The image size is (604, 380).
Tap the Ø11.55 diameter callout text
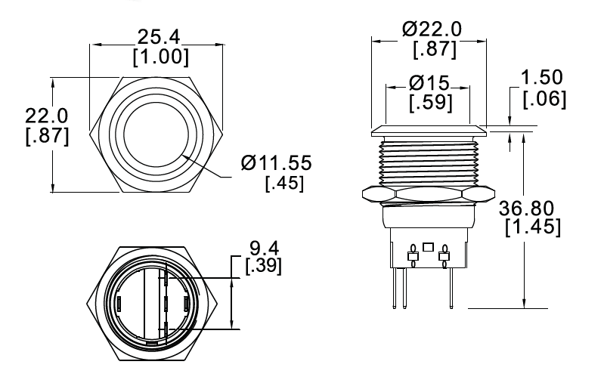tap(277, 163)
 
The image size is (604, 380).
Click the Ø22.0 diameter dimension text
tap(433, 29)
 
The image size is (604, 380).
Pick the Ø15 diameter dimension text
tap(429, 82)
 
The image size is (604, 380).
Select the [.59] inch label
tap(430, 102)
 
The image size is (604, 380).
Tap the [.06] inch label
tap(544, 99)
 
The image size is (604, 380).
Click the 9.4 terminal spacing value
tap(262, 247)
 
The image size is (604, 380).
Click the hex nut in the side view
tap(428, 195)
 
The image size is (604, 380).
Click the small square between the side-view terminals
tap(429, 247)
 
